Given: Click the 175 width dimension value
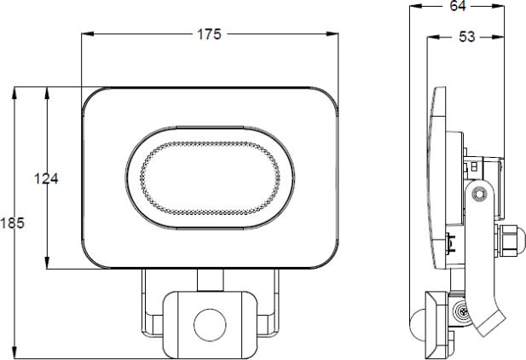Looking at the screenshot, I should pos(209,35).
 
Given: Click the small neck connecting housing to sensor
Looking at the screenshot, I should pos(208,281).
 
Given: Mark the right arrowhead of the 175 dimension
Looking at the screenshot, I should pos(333,35).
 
